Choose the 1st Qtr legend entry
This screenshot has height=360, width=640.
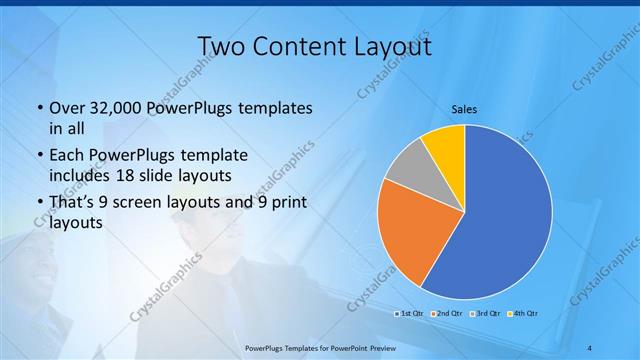click(x=410, y=315)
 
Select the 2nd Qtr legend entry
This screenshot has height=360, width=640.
click(x=445, y=315)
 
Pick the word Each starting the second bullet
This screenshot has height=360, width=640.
click(x=67, y=156)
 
